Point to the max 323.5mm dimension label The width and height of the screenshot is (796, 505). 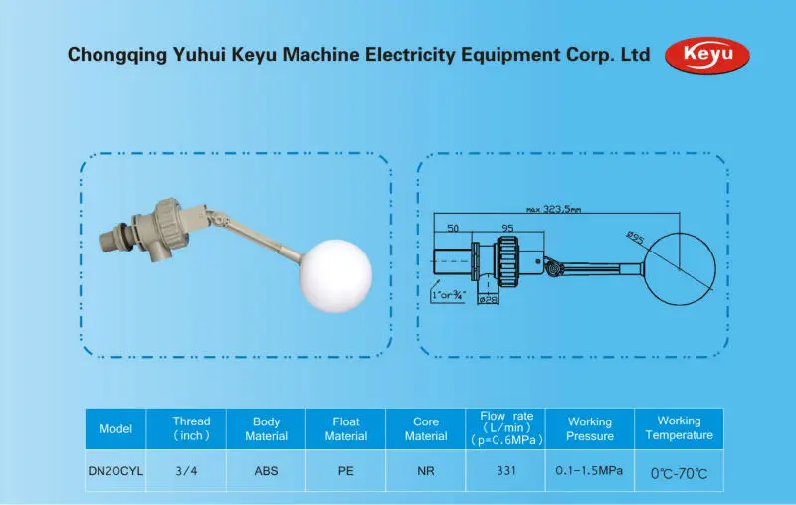point(554,209)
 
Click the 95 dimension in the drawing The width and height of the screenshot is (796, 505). point(507,229)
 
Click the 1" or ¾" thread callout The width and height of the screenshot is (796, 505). point(448,295)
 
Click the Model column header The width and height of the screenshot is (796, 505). point(115,428)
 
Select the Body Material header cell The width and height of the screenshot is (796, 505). point(266,428)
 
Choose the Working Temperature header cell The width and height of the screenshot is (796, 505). point(679,428)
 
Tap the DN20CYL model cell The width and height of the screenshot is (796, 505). point(115,471)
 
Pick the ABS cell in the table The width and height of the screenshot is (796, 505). point(266,471)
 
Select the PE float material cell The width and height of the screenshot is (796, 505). point(345,471)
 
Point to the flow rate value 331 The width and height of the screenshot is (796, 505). point(504,471)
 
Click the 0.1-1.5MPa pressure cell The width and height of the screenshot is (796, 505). point(589,471)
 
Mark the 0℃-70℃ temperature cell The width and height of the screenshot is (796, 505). point(679,473)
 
